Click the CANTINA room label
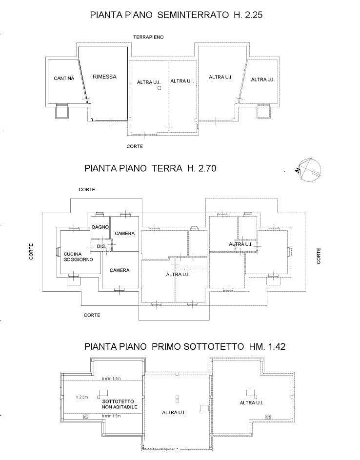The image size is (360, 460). (x=64, y=78)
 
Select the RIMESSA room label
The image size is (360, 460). (x=104, y=77)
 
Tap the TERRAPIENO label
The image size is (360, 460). (x=149, y=37)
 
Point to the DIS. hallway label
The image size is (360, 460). (x=101, y=247)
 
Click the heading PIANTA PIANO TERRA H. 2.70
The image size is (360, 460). (x=150, y=169)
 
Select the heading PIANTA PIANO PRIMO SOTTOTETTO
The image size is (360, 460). (x=184, y=347)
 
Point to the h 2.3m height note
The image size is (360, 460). (x=82, y=397)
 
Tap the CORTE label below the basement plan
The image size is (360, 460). (x=135, y=146)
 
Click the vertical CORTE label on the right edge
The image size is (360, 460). (x=319, y=256)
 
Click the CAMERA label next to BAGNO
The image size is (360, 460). (x=125, y=234)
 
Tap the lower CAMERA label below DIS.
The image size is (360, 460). (x=119, y=270)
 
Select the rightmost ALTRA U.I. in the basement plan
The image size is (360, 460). (x=263, y=79)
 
